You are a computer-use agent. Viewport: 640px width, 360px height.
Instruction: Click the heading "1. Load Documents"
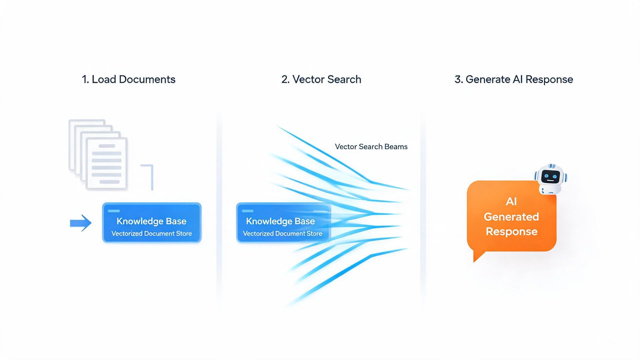[129, 79]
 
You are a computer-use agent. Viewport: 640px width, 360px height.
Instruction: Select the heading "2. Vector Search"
[321, 79]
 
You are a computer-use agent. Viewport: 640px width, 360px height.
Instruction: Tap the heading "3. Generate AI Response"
[514, 79]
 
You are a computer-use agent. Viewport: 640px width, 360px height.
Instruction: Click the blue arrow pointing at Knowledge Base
[81, 223]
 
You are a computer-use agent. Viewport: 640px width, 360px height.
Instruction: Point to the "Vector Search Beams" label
[371, 147]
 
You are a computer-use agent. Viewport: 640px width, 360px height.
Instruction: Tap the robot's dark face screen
[550, 177]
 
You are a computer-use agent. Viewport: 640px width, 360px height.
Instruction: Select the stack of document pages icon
[98, 154]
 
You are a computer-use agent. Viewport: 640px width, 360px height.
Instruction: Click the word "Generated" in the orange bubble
[511, 217]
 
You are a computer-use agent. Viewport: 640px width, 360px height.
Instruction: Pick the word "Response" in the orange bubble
[512, 231]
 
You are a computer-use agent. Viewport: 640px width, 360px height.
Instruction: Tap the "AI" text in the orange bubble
[511, 201]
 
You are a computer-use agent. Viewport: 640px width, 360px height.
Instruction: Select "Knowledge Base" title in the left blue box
[151, 221]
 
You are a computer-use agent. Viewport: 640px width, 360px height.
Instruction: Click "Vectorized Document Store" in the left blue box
[152, 233]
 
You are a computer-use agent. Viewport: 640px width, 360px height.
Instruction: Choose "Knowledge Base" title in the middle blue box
[280, 221]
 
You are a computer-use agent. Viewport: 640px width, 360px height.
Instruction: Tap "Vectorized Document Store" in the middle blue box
[283, 233]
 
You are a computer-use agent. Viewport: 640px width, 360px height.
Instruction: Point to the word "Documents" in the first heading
[147, 79]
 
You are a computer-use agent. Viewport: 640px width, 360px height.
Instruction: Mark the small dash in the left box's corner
[114, 211]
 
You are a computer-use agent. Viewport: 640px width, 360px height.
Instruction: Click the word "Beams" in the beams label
[396, 147]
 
